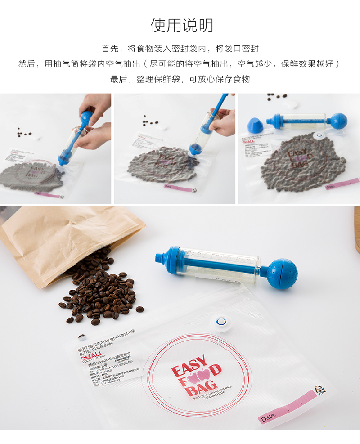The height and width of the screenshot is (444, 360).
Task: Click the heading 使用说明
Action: (182, 26)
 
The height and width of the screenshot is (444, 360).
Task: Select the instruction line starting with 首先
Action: (180, 49)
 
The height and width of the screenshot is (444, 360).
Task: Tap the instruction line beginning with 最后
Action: (180, 79)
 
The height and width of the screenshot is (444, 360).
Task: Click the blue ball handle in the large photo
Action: (281, 273)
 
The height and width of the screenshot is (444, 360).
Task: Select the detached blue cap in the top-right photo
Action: (255, 125)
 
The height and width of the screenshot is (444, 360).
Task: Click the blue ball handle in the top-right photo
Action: (338, 120)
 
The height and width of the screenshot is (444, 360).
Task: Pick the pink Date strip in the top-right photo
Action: (342, 184)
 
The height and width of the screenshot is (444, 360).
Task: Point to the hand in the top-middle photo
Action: (224, 122)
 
